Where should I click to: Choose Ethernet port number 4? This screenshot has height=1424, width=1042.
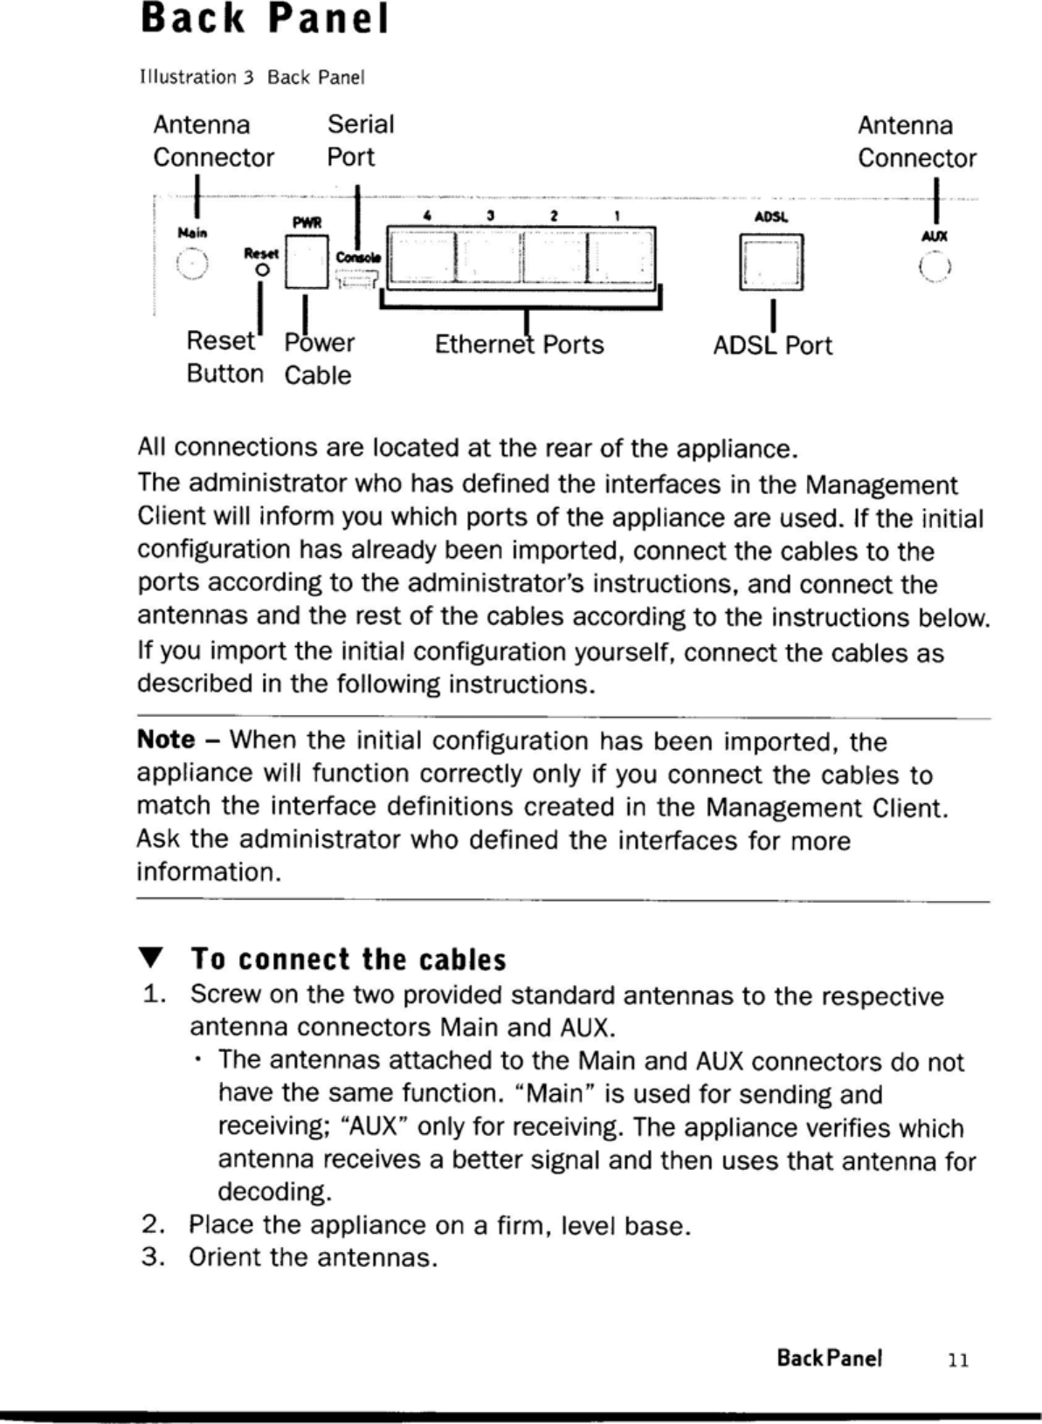coord(422,257)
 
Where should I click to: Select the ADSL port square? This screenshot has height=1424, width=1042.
coord(771,263)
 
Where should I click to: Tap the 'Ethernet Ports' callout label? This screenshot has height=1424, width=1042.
coord(519,345)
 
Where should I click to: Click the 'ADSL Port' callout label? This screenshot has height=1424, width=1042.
coord(772,346)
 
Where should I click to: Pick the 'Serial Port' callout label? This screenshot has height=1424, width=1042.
coord(360,141)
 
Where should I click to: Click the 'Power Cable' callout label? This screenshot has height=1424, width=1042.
coord(319,358)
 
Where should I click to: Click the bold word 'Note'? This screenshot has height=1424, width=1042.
coord(166,740)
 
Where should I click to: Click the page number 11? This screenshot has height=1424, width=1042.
coord(959,1359)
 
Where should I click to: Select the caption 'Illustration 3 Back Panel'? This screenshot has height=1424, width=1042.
coord(252,78)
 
